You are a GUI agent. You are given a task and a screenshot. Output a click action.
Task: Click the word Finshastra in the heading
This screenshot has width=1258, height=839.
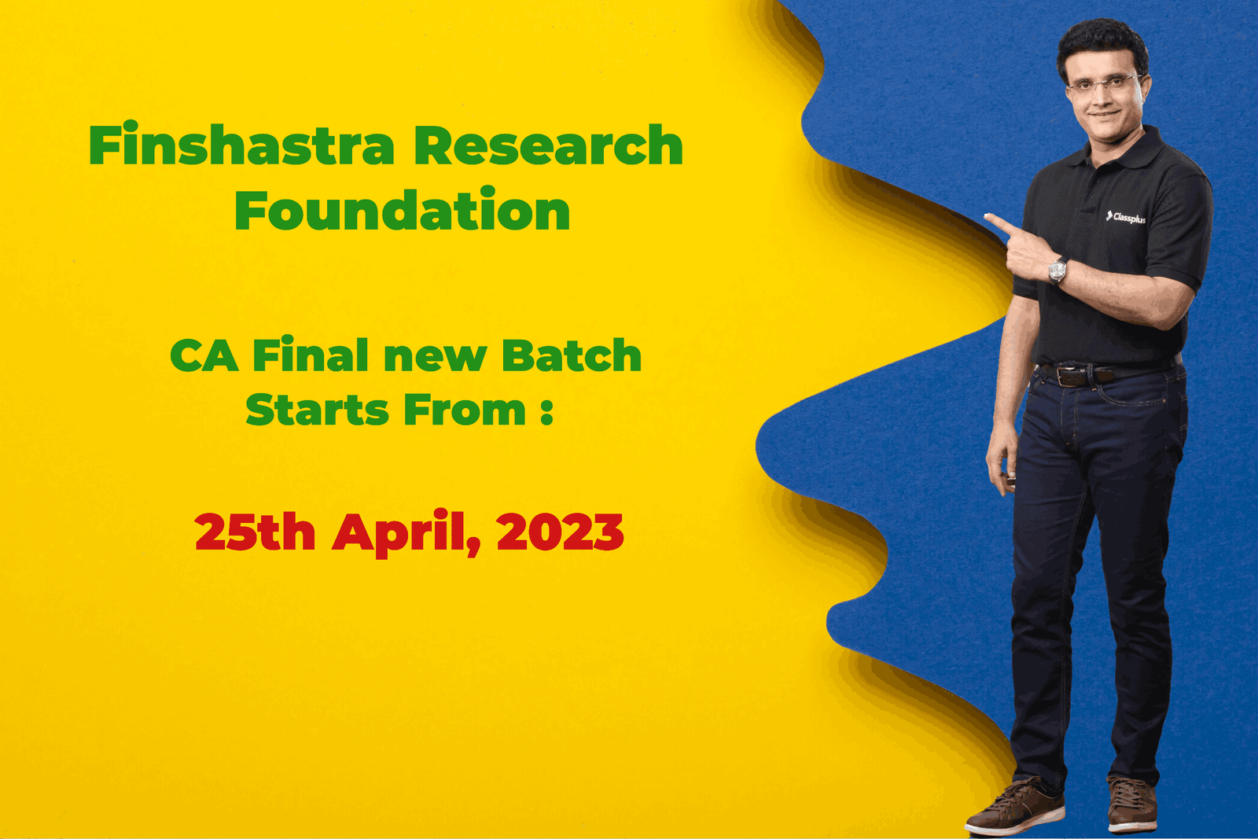point(242,144)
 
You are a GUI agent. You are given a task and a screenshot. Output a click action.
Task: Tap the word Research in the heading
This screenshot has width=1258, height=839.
point(548,145)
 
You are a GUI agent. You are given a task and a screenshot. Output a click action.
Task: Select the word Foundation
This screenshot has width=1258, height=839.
point(403,209)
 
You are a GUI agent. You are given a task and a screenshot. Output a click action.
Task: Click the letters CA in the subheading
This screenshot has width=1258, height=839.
point(204,355)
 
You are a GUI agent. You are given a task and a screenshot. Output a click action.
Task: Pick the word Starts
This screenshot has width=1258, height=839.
point(317,410)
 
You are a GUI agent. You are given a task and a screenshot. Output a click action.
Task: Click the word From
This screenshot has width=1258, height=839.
point(465,410)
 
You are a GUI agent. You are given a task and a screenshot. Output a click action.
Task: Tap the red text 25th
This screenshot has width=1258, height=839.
point(255,531)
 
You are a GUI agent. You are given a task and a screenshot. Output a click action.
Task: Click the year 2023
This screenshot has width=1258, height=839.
point(561,532)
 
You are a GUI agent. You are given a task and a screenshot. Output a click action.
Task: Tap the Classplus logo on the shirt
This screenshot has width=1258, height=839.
point(1125,217)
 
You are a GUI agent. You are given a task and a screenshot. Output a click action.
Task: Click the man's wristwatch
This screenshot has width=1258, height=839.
point(1058,270)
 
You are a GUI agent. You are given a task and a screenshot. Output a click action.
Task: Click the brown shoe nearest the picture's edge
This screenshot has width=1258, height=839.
point(1132,804)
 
